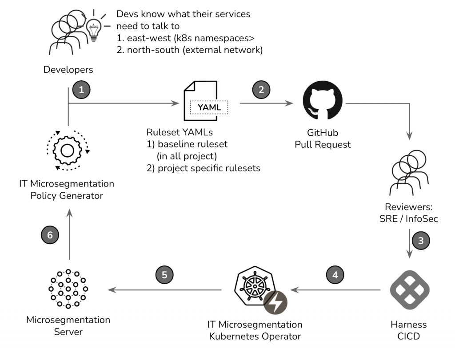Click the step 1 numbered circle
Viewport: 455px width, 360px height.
click(81, 90)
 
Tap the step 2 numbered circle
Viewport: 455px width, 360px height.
click(261, 90)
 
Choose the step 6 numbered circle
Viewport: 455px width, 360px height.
click(50, 235)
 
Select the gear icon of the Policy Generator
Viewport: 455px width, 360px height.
click(67, 151)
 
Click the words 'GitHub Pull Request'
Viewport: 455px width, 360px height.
click(322, 138)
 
